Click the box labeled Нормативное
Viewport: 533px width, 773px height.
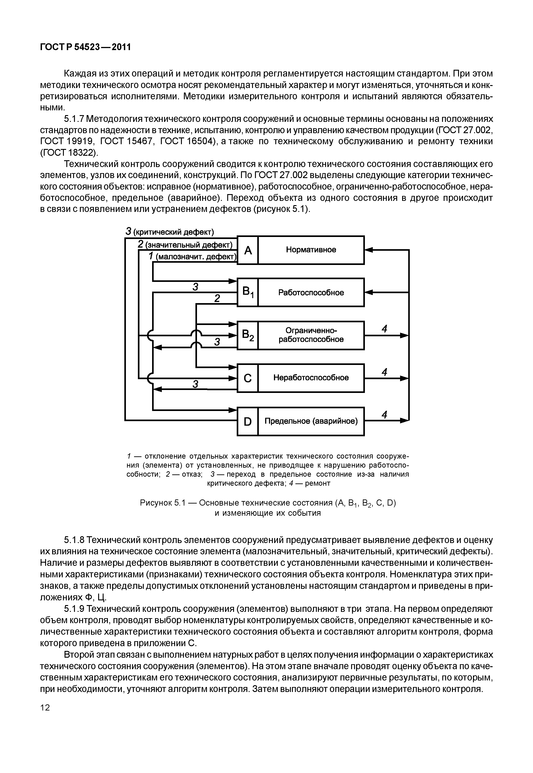311,250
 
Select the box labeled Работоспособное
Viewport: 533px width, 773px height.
311,293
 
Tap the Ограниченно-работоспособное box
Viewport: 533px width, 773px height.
311,335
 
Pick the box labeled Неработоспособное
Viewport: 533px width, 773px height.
311,378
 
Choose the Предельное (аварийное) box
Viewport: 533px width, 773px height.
311,421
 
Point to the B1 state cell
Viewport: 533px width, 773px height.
248,293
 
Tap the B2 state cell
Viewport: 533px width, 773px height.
248,335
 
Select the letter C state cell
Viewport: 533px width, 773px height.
248,378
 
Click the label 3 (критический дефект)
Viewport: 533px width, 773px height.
170,232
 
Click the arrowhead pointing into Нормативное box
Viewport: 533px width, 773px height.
368,250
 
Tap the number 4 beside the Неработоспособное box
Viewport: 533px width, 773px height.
384,372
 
